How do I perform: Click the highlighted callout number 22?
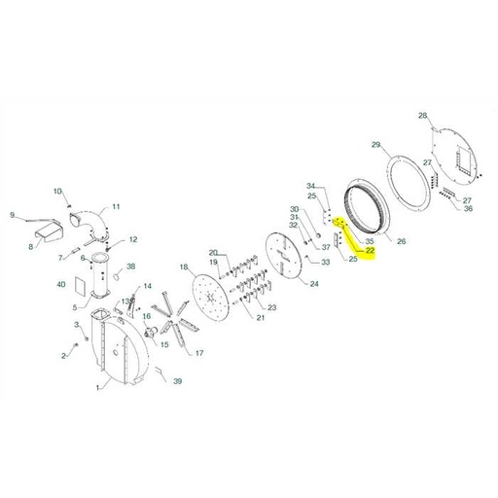tap(371, 250)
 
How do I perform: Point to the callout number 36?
tap(469, 208)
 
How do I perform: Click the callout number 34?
tap(311, 185)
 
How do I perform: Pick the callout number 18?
tap(183, 267)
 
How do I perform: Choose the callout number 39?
tap(178, 381)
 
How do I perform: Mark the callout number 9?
tap(13, 215)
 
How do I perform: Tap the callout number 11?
tap(116, 206)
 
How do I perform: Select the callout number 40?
tap(61, 285)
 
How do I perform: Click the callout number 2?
tap(64, 357)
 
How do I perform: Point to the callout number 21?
tap(261, 318)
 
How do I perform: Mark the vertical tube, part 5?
tap(100, 280)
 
